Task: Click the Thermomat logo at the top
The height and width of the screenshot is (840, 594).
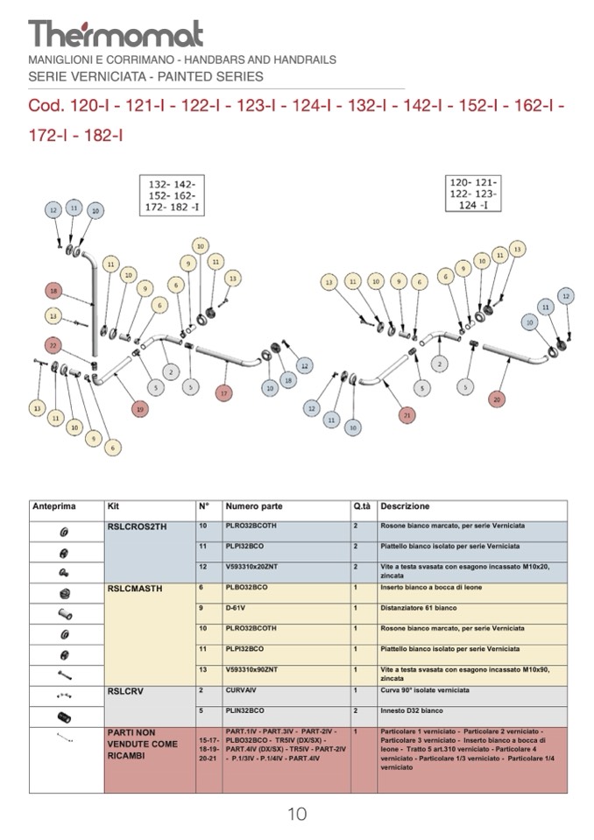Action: tap(116, 33)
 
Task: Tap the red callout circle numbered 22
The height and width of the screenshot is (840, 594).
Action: tap(53, 345)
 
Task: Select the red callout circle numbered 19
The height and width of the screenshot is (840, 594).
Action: tap(139, 408)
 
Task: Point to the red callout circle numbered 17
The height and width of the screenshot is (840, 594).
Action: tap(224, 393)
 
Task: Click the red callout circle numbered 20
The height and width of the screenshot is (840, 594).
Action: tap(497, 399)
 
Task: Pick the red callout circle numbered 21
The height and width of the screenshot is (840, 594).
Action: tap(405, 414)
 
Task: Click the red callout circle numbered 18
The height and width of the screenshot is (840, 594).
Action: tap(53, 291)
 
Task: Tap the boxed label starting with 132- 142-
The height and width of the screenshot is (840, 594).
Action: tap(173, 196)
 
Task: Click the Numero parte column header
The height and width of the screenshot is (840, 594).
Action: tap(254, 507)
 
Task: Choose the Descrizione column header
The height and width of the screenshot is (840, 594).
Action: tap(405, 507)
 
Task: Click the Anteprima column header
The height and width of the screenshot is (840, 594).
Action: tap(54, 507)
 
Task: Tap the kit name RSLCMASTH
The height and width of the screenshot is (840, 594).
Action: tap(134, 589)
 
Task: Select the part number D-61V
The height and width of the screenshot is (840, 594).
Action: tap(235, 608)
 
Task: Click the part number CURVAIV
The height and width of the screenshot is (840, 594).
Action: tap(241, 690)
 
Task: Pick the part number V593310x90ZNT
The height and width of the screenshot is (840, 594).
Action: tap(255, 669)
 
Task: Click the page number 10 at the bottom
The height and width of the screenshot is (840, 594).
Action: tap(297, 815)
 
